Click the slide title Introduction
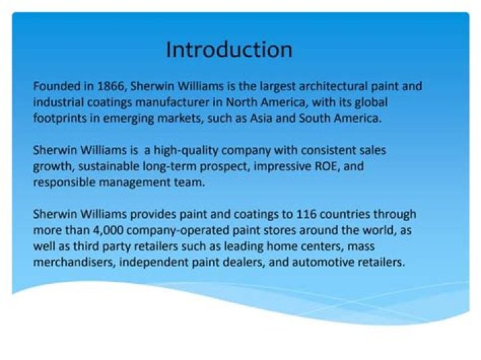[229, 49]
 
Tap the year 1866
[111, 86]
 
